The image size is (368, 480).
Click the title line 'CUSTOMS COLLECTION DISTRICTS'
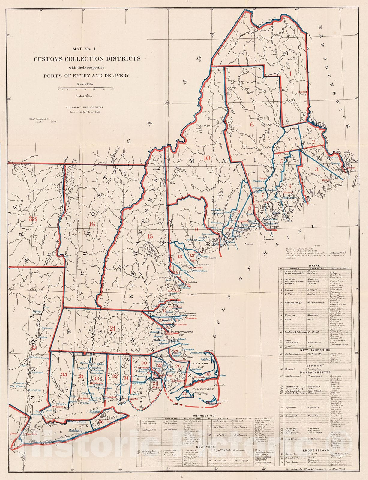(x=87, y=59)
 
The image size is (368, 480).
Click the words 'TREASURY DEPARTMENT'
(x=85, y=107)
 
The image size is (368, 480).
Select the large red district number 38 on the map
(x=33, y=219)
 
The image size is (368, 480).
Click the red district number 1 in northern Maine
(x=290, y=72)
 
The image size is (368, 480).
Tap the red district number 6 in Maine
(x=252, y=124)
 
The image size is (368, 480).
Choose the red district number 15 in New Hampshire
(x=150, y=237)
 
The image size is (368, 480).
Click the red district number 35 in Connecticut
(x=64, y=374)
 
